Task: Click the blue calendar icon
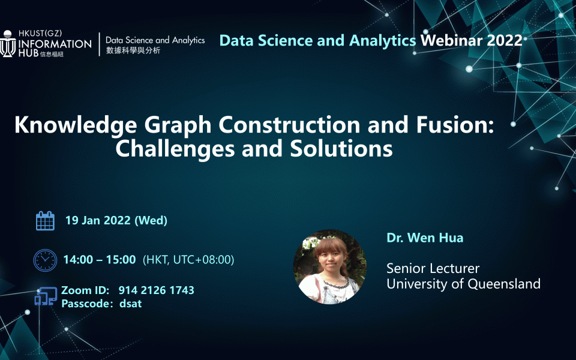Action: coord(45,220)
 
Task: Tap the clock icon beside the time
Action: coord(45,260)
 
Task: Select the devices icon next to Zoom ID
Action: coord(46,296)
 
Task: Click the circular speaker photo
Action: coord(329,266)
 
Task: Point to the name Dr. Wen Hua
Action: coord(425,238)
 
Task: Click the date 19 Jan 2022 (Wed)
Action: coord(116,220)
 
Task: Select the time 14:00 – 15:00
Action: coord(100,260)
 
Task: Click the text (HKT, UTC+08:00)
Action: coord(188,260)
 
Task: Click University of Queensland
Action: coord(463,284)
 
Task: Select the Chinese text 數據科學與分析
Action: coord(133,50)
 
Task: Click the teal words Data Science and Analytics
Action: coord(317,41)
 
